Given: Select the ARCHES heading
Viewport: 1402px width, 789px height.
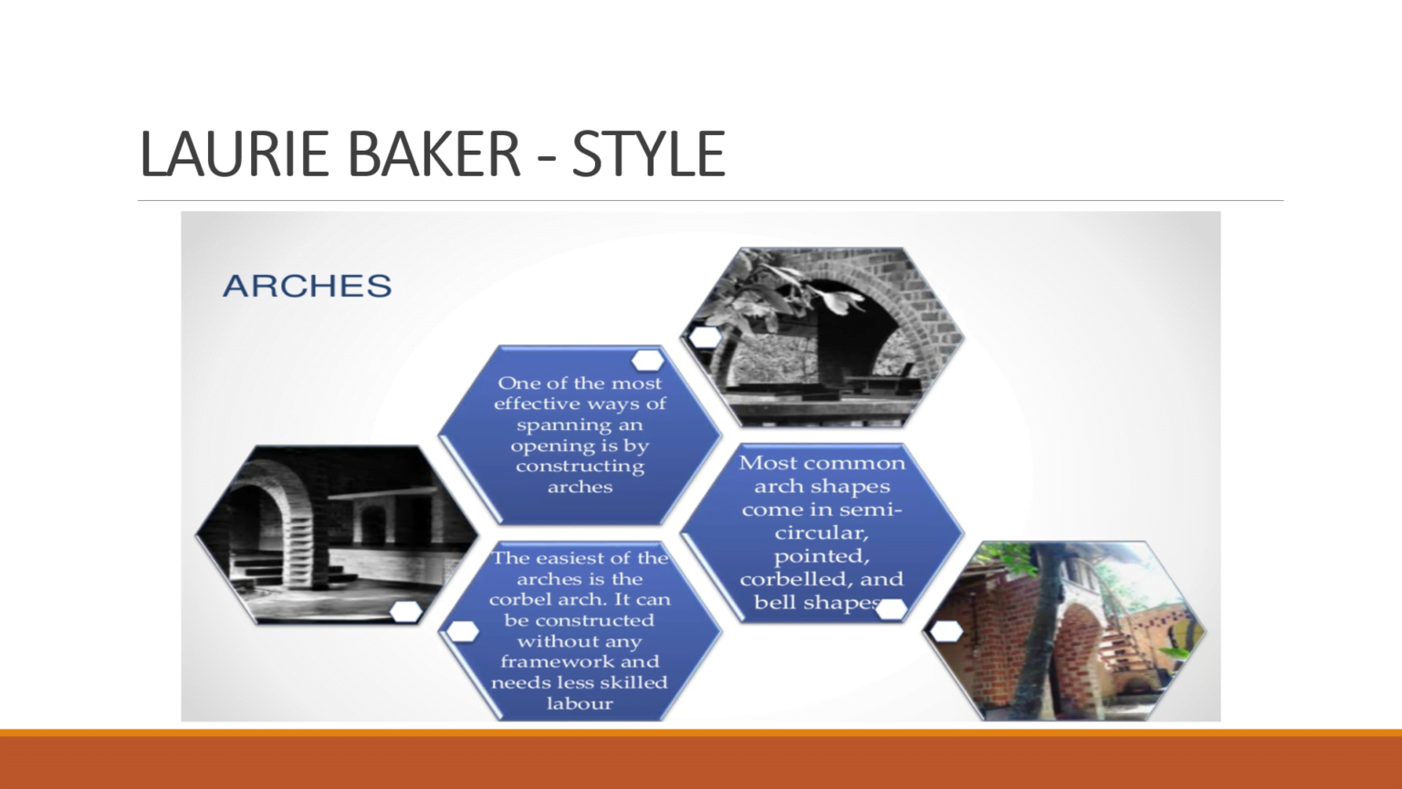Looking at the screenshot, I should (x=308, y=286).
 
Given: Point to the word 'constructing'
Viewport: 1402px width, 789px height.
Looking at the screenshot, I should (x=580, y=467).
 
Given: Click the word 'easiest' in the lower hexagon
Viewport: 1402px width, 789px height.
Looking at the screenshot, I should (x=582, y=558).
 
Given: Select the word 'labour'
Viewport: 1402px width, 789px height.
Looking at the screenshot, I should (x=580, y=703).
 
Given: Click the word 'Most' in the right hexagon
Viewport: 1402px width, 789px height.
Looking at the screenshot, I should (x=768, y=463).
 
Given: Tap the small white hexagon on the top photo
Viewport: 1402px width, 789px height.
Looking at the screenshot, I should (x=705, y=336).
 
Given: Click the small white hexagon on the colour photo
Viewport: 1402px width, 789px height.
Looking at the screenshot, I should (x=947, y=630).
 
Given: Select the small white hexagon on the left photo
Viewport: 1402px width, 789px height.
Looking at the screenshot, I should (x=405, y=612).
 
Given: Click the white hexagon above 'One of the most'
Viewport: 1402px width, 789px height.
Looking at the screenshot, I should (x=647, y=360).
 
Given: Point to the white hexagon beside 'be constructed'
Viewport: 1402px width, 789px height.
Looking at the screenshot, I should (x=463, y=631).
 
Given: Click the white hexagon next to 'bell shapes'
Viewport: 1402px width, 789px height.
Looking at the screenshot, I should (x=891, y=608).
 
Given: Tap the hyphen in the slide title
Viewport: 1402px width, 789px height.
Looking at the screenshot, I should (x=546, y=157).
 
